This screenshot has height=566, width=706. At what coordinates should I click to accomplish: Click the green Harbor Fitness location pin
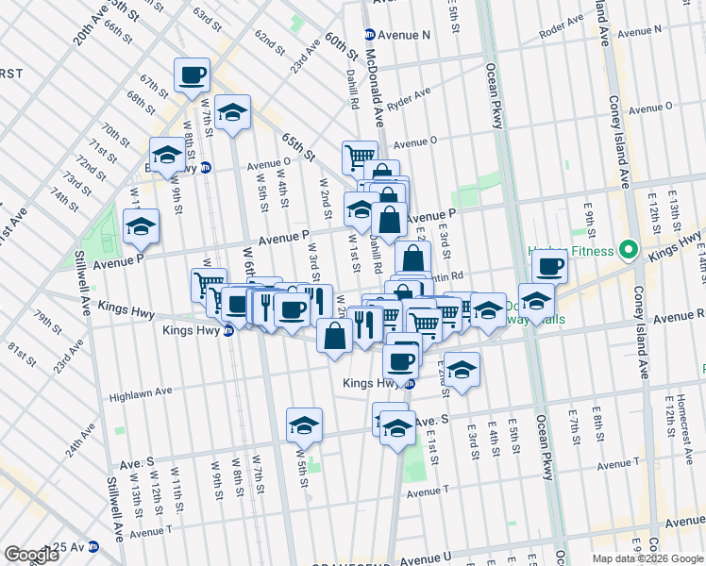pos(625,251)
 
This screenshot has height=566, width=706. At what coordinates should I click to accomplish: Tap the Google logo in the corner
pos(31,554)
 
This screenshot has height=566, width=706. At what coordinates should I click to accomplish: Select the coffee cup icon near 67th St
pos(192,75)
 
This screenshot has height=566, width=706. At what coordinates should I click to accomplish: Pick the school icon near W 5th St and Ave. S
pos(304,426)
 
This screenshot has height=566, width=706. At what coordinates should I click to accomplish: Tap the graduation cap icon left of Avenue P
pos(141,227)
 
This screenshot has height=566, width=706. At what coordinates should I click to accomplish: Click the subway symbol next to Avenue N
pos(371,35)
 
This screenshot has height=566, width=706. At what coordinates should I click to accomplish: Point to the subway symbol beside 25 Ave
pos(92,547)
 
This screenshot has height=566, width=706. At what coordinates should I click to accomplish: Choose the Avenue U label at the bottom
pos(426,559)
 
